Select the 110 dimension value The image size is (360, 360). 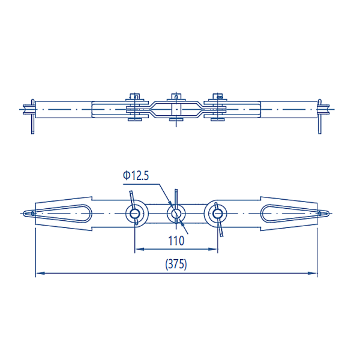tap(176, 241)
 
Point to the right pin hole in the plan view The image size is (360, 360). tap(216, 212)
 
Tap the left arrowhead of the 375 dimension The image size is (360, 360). tap(39, 273)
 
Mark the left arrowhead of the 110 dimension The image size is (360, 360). tap(137, 248)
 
